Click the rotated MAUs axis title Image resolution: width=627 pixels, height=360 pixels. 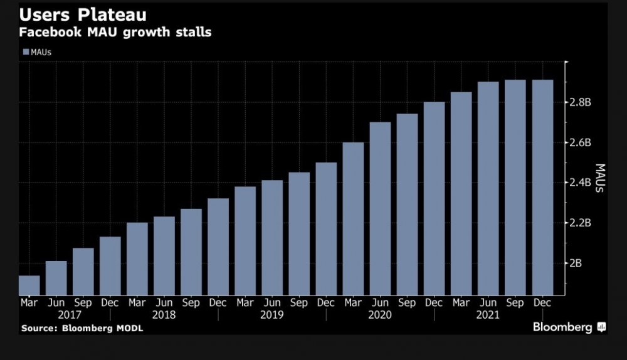tap(599, 178)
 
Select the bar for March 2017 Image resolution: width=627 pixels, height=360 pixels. tap(29, 285)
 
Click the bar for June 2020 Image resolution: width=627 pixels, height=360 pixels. tap(380, 208)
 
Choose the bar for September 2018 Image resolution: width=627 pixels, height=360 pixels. tap(191, 251)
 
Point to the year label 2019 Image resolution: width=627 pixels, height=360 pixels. tap(272, 315)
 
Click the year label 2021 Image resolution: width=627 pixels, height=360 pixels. tap(488, 315)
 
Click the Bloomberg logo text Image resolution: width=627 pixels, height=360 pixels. tap(562, 327)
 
